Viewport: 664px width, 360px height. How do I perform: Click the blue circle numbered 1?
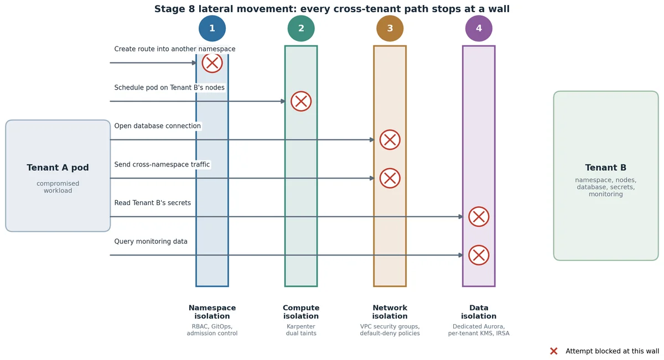(x=212, y=28)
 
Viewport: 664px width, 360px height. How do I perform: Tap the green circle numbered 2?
(x=301, y=28)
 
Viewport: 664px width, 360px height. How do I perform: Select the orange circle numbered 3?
(x=390, y=28)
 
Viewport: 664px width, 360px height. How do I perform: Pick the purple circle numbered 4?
(x=479, y=28)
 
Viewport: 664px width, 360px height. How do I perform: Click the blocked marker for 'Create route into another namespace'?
(x=212, y=63)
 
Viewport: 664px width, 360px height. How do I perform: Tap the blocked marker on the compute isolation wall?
(x=301, y=101)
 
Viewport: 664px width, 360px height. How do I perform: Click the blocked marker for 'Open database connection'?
(x=390, y=139)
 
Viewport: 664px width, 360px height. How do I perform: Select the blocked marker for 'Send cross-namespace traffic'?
(x=390, y=178)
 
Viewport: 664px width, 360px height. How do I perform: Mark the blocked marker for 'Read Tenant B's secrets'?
(x=479, y=217)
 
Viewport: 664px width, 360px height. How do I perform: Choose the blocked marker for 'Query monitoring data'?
(x=479, y=255)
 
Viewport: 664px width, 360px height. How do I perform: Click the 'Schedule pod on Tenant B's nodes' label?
(x=169, y=87)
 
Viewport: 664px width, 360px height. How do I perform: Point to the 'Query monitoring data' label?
(x=151, y=242)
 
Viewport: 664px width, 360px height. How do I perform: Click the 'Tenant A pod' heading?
(x=58, y=168)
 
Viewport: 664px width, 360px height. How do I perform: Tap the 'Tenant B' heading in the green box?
(x=605, y=168)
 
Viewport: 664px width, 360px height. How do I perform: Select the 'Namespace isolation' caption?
(x=212, y=312)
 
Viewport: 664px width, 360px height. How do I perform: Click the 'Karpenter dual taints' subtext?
(x=301, y=330)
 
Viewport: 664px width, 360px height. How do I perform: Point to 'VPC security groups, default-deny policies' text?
(x=390, y=330)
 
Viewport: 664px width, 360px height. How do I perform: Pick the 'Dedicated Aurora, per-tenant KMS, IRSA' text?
(x=479, y=330)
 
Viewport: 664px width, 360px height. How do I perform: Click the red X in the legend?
(x=553, y=351)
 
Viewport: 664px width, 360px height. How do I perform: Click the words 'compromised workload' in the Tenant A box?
(x=58, y=187)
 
